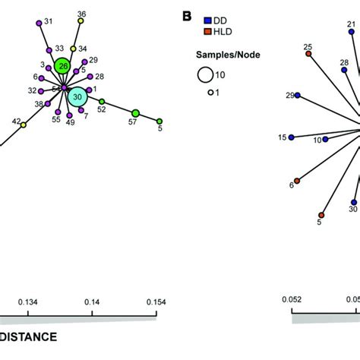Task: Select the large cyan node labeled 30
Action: pos(76,96)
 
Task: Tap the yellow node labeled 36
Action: pos(81,22)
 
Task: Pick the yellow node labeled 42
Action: pos(23,124)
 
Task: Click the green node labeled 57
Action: pos(136,113)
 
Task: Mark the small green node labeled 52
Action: pos(102,101)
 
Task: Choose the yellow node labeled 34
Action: pos(73,49)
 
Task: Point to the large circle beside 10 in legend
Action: pos(204,74)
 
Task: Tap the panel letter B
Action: pos(185,16)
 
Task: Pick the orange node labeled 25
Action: pos(308,54)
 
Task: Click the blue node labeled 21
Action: pos(351,32)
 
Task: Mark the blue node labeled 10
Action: pos(326,139)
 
